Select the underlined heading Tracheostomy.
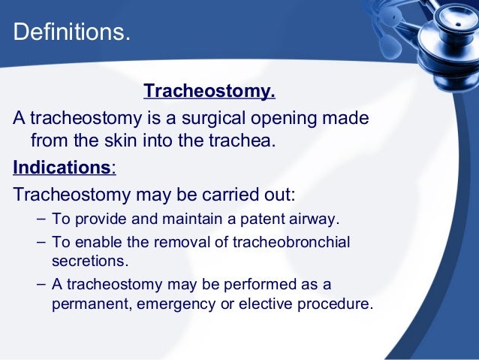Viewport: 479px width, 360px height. pos(209,92)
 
